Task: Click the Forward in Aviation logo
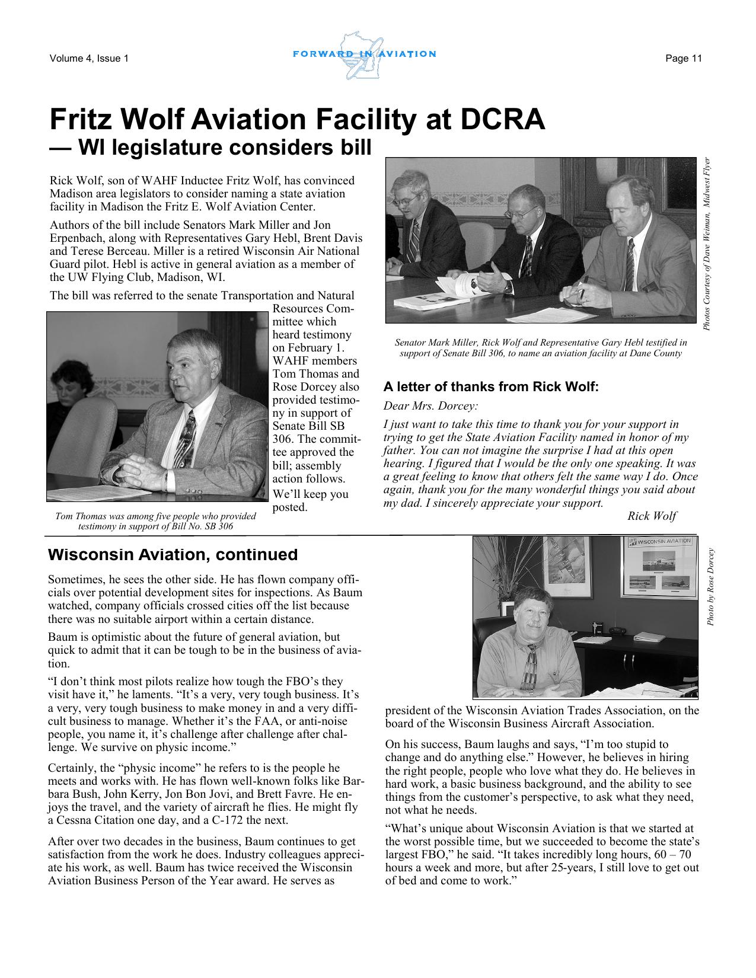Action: pos(364,55)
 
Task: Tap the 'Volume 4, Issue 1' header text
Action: pos(89,58)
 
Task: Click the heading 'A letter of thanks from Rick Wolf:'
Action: pos(492,387)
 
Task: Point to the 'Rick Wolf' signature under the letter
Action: pos(652,516)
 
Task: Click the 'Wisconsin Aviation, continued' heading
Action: pos(173,555)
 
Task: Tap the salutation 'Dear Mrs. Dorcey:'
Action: pos(430,407)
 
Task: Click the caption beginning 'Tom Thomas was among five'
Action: pos(155,520)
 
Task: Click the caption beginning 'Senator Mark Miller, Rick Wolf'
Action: pos(540,347)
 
